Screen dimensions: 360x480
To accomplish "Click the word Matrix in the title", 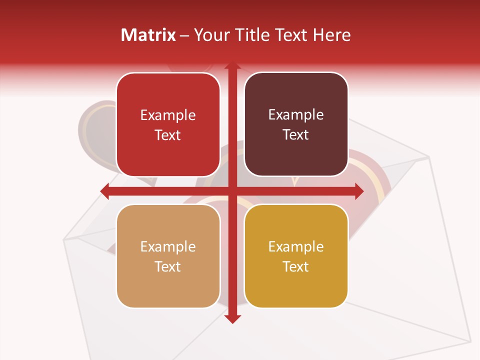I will point(148,35).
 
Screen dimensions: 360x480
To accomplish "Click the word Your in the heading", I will point(212,35).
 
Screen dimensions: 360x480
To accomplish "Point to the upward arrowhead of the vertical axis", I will point(232,66).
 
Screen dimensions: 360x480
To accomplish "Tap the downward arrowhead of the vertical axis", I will point(232,318).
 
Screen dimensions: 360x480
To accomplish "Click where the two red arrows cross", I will point(232,191).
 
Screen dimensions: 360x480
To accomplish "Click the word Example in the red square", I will point(168,115).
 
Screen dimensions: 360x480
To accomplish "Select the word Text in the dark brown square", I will point(296,135).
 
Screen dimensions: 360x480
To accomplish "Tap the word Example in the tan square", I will point(168,247).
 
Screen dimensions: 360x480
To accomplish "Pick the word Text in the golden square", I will point(296,266).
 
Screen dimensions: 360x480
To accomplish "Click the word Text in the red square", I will point(168,135).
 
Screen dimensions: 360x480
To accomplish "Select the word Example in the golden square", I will point(296,247).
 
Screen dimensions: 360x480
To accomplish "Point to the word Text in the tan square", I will point(168,266).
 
